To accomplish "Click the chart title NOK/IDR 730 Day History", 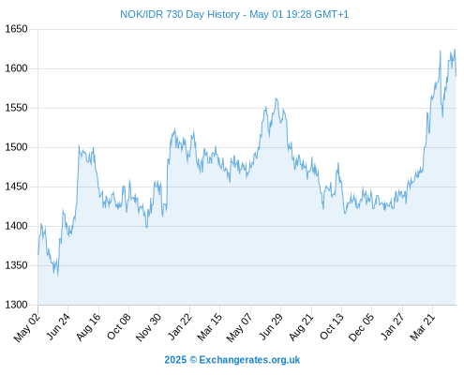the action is tap(180, 14).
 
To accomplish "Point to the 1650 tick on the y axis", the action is tap(16, 29).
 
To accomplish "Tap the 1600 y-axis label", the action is tap(16, 68).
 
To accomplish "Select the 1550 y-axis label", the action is tap(16, 108).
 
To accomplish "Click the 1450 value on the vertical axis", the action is tap(16, 187).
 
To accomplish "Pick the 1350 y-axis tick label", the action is tap(16, 265).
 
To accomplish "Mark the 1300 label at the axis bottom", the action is tap(16, 305).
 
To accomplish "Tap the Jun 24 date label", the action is tap(58, 326).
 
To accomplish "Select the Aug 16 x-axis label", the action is tap(89, 327).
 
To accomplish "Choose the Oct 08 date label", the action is tap(119, 326).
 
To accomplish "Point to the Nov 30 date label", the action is tap(148, 327).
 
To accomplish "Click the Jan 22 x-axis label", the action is tap(180, 326).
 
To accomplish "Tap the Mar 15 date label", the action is tap(210, 327).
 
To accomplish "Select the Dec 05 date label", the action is tap(361, 327).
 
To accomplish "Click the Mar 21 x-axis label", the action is tap(423, 327).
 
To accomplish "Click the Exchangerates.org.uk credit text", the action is tap(249, 360).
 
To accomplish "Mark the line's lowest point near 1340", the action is tap(57, 276).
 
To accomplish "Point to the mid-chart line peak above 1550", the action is tap(276, 98).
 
